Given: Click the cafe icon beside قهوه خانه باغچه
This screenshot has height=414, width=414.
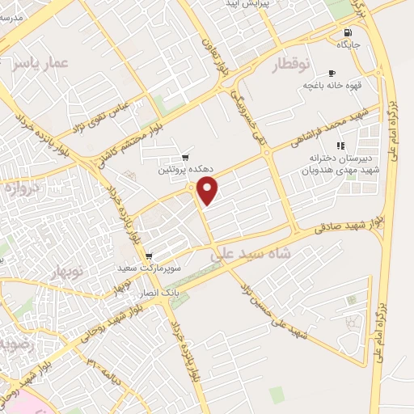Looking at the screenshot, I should tap(332, 73).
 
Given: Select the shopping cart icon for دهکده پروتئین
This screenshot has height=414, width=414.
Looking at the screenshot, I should tap(186, 157).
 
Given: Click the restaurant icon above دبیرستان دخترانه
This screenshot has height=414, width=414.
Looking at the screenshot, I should tap(340, 146).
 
